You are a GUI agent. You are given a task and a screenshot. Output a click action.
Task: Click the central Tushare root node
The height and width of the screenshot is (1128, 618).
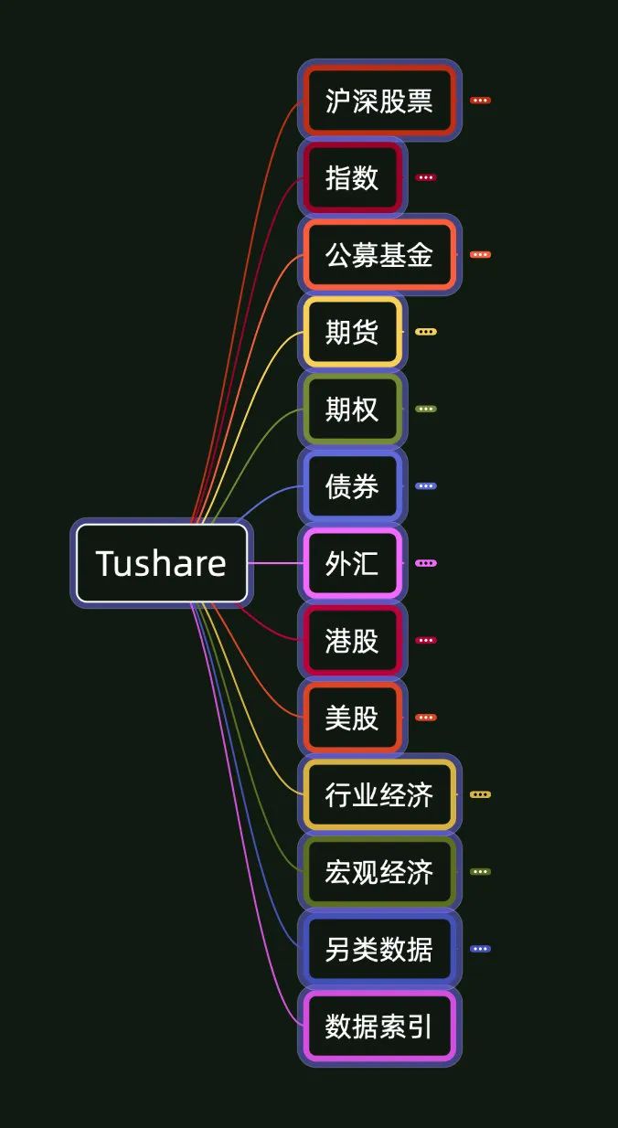(x=161, y=563)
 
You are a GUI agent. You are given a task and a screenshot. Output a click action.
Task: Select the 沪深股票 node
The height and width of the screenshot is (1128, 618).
(x=378, y=101)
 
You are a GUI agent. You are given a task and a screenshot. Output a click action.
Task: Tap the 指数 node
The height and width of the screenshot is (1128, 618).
(x=352, y=177)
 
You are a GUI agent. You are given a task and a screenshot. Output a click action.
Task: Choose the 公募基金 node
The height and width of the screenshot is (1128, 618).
(x=378, y=255)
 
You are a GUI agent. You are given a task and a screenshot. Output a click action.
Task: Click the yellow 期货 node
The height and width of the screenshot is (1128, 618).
(x=352, y=332)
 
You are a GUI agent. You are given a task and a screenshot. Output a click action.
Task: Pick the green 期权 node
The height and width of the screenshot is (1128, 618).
(x=352, y=409)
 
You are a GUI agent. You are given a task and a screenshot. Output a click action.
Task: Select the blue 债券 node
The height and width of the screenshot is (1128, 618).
(x=352, y=486)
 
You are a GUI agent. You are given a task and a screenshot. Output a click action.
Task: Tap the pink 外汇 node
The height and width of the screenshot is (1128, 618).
(x=352, y=563)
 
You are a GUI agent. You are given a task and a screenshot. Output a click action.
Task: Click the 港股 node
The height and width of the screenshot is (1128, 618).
(x=352, y=640)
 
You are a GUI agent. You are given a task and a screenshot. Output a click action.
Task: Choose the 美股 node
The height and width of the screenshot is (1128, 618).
(x=352, y=718)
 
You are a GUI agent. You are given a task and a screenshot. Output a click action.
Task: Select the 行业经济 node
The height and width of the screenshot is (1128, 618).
(x=378, y=794)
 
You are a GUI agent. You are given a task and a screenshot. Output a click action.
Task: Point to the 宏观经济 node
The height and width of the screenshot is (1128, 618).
(x=378, y=872)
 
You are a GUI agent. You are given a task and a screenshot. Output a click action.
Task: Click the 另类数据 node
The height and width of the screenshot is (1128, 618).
(x=378, y=949)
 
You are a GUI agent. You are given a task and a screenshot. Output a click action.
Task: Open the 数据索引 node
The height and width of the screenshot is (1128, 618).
(x=378, y=1027)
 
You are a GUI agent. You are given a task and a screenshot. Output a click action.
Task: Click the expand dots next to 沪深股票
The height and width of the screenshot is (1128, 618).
(x=480, y=101)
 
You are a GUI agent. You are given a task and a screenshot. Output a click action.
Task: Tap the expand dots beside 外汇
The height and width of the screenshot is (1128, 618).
(x=426, y=563)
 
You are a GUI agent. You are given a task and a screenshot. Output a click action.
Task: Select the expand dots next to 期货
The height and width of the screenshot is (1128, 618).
(x=426, y=332)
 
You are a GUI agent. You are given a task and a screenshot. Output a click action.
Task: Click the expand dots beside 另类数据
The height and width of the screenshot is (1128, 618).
(x=480, y=949)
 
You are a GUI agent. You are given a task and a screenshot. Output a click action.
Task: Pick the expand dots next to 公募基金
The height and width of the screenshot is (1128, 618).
(x=480, y=255)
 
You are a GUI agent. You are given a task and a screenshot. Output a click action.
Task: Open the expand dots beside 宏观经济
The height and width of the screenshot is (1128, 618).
(x=480, y=872)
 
